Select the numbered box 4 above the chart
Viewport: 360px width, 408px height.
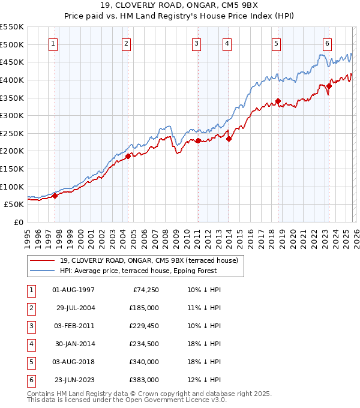click(228, 43)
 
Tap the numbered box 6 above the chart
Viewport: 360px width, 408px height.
click(328, 43)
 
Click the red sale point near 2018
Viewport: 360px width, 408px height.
click(278, 101)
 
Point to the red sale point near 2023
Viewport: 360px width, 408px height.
click(329, 86)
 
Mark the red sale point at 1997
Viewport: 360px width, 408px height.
click(55, 195)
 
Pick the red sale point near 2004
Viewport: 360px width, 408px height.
click(128, 156)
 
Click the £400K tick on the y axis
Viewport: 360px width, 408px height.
click(12, 80)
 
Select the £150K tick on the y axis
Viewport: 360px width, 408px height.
click(12, 169)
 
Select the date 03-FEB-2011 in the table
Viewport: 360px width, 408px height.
click(74, 325)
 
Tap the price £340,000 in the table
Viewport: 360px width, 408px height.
click(144, 361)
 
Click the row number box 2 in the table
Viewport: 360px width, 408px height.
click(29, 307)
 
